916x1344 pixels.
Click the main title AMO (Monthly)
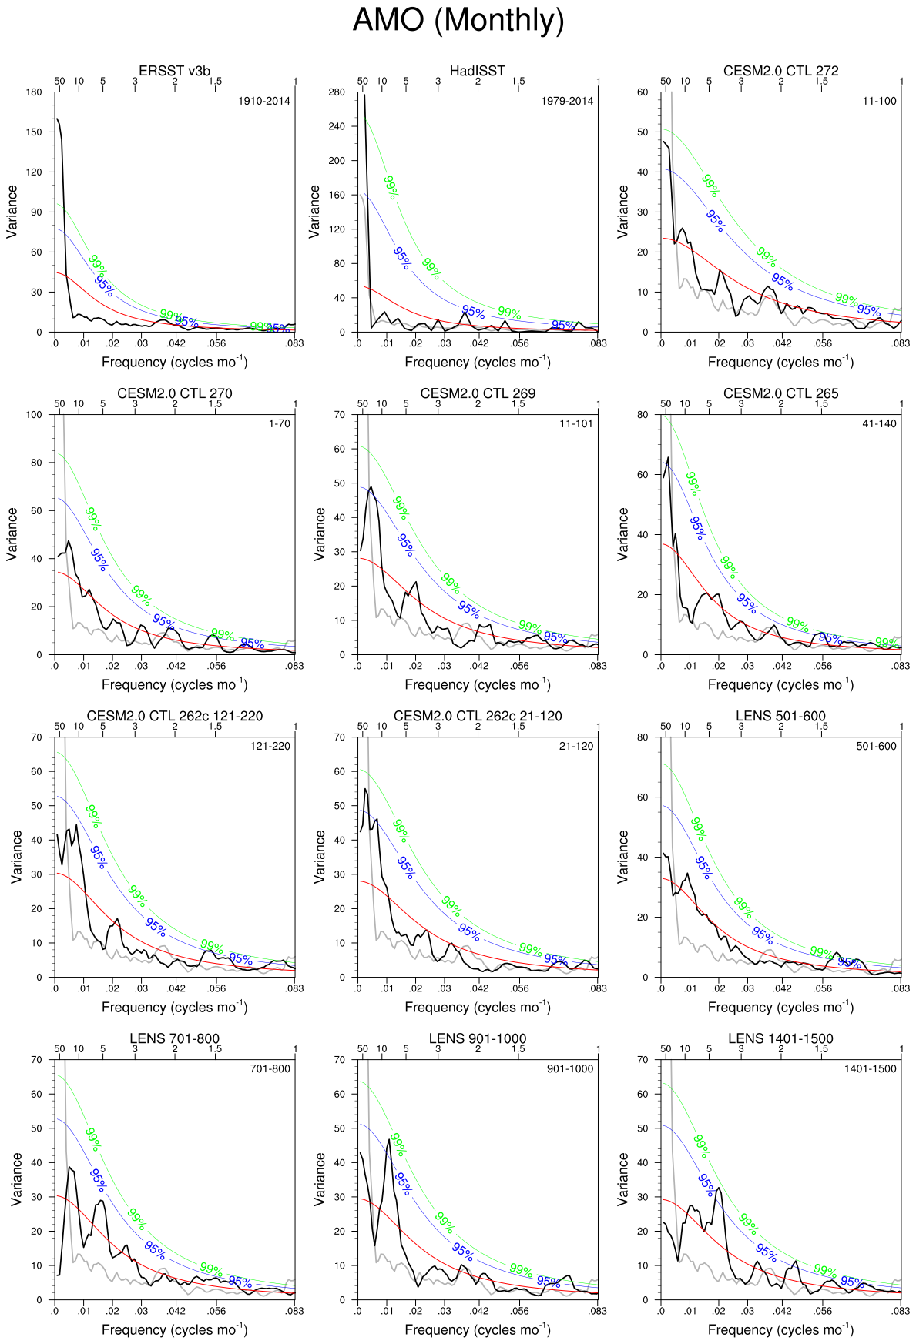click(x=458, y=20)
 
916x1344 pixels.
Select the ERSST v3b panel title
click(x=174, y=71)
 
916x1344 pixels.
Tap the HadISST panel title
click(x=478, y=71)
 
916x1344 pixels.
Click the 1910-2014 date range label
click(x=264, y=101)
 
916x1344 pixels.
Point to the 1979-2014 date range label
click(x=567, y=101)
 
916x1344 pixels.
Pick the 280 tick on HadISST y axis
click(x=337, y=92)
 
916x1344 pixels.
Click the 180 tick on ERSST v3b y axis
click(x=34, y=92)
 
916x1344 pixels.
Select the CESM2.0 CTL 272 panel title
click(x=780, y=71)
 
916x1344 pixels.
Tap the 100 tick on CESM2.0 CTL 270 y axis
click(x=34, y=415)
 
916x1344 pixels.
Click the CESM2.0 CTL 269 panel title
click(x=478, y=393)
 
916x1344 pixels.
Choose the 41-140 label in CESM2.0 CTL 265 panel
click(x=879, y=423)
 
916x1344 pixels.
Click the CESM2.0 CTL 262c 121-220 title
click(x=174, y=716)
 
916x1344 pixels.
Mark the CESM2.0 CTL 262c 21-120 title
click(x=478, y=716)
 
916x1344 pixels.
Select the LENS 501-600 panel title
click(x=780, y=716)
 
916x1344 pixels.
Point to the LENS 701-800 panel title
click(x=174, y=1038)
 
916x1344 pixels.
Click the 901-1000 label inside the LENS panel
click(x=570, y=1068)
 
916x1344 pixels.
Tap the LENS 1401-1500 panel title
click(x=780, y=1038)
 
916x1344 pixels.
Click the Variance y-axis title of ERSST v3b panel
click(x=12, y=212)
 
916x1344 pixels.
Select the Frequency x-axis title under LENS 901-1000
click(x=478, y=1329)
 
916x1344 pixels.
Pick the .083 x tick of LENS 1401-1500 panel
click(x=901, y=1311)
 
